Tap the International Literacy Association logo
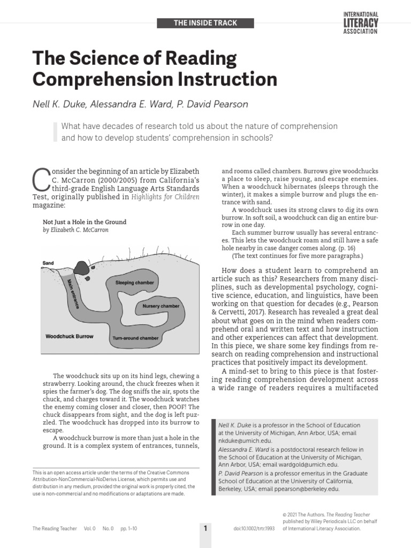click(x=360, y=22)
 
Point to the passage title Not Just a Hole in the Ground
click(x=84, y=222)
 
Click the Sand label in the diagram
click(x=49, y=263)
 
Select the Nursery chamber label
click(x=161, y=306)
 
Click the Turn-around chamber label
click(x=135, y=338)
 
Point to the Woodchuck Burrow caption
click(x=69, y=337)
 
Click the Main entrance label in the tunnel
click(x=73, y=294)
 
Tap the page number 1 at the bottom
click(x=205, y=528)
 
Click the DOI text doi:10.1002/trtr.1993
click(x=253, y=528)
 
